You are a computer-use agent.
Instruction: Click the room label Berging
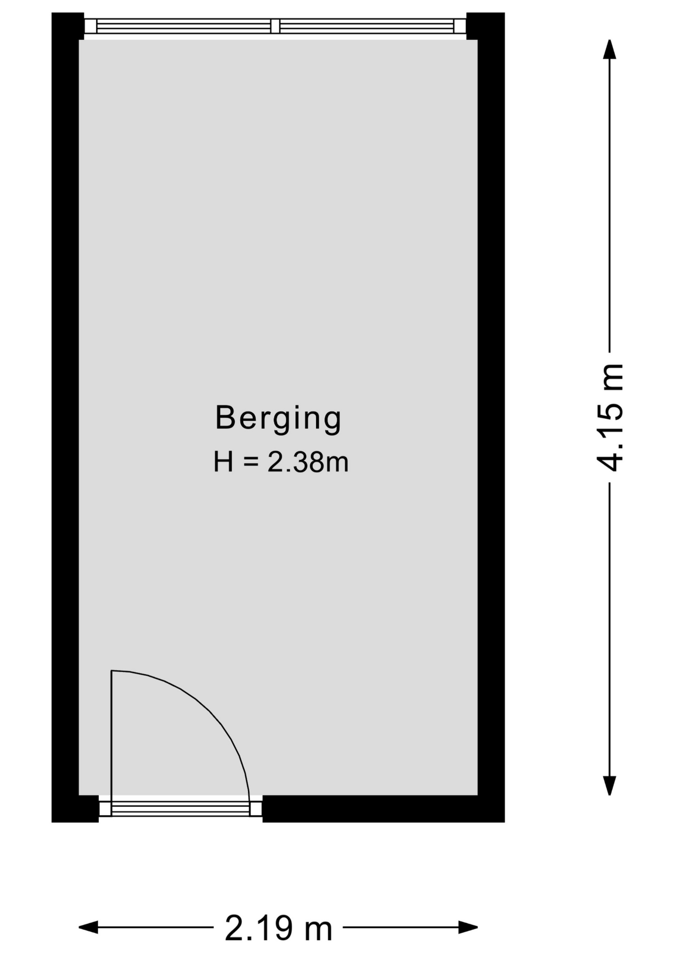click(x=278, y=418)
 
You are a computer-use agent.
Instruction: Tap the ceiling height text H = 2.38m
click(x=281, y=462)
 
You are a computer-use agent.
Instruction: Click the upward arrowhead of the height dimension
click(x=609, y=49)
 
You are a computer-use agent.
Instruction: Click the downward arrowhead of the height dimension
click(x=609, y=786)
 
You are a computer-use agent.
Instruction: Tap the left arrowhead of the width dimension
click(x=88, y=927)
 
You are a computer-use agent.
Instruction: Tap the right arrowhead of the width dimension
click(x=468, y=927)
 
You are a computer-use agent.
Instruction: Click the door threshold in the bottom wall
click(x=180, y=809)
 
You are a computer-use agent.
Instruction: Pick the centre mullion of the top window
click(x=275, y=26)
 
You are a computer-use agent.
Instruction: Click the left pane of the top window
click(x=184, y=26)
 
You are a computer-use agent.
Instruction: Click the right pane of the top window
click(x=367, y=26)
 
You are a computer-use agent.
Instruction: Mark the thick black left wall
click(x=66, y=417)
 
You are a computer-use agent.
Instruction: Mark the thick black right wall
click(x=491, y=417)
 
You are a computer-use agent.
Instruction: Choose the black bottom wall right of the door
click(x=383, y=809)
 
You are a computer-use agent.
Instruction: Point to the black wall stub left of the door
click(x=75, y=809)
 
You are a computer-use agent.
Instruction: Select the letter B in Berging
click(x=224, y=417)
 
